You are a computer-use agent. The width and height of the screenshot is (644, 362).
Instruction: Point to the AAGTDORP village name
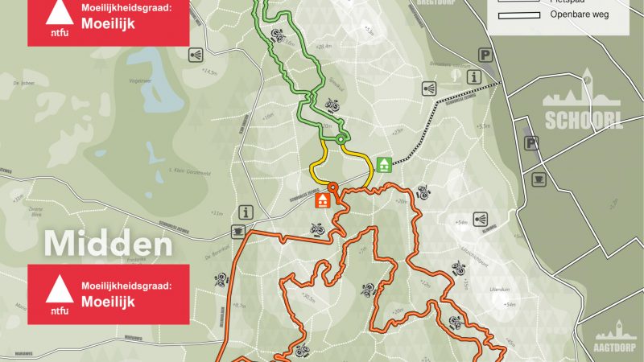[616, 348]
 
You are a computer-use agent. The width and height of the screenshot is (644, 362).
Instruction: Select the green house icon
[385, 164]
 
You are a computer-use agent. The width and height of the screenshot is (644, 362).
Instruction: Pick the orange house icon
[323, 200]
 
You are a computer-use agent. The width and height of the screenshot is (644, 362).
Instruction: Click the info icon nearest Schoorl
[475, 76]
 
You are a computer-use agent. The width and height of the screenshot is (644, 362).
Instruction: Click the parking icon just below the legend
[485, 55]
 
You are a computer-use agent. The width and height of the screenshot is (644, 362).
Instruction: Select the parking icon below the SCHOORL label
[532, 142]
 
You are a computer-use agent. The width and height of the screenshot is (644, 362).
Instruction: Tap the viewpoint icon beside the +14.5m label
[196, 55]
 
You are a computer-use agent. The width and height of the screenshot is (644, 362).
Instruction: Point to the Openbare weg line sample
[518, 15]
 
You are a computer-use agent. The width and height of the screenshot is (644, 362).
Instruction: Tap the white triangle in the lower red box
[56, 288]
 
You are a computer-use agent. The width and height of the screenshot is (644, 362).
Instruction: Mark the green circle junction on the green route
[340, 139]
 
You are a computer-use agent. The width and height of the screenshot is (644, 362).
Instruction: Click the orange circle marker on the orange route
[332, 186]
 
